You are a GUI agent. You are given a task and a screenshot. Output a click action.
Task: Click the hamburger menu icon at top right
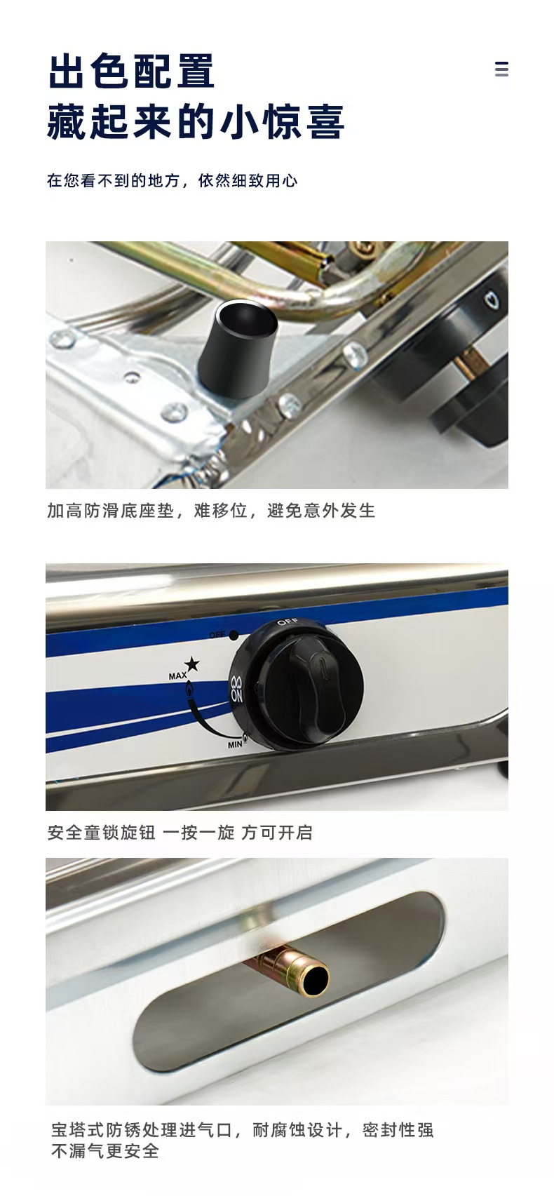click(x=501, y=69)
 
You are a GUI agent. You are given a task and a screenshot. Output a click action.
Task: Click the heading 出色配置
click(x=131, y=70)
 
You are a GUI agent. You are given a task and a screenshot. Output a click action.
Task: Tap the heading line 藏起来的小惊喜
click(x=196, y=122)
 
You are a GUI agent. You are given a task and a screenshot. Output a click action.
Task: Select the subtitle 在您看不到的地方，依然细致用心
click(x=172, y=180)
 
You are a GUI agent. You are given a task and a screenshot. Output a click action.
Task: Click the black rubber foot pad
click(x=238, y=349)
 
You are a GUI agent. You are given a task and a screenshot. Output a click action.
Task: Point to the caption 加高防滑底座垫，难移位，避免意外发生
click(x=211, y=511)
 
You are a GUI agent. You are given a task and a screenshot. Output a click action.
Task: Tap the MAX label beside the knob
click(x=177, y=676)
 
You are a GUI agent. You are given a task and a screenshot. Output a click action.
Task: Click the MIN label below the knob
click(x=235, y=744)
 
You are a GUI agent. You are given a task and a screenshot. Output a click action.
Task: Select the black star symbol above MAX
click(x=192, y=664)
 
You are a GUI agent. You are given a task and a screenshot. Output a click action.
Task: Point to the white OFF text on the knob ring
click(x=288, y=622)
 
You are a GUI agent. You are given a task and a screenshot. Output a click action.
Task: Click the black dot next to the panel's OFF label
click(x=234, y=636)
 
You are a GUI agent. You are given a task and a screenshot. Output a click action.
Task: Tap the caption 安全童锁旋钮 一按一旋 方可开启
click(x=180, y=832)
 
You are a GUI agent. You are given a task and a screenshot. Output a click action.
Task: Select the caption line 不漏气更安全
click(x=105, y=1150)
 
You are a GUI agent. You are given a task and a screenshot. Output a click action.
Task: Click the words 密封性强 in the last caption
click(x=398, y=1129)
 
